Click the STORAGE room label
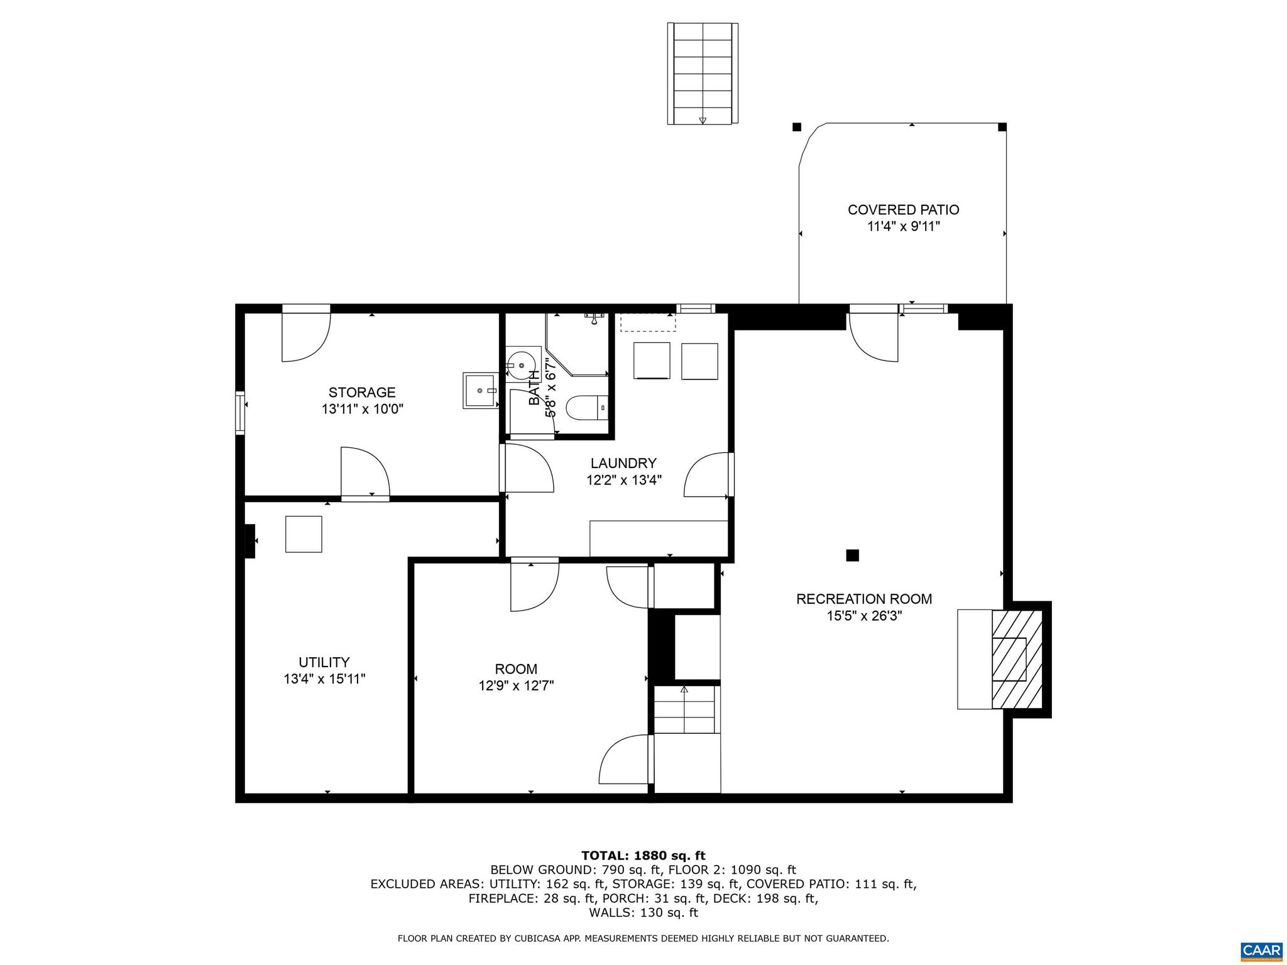362,393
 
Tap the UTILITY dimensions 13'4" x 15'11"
324,679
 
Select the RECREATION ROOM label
864,599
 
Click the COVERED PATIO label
903,210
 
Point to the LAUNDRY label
623,464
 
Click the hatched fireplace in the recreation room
1016,660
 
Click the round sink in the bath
521,364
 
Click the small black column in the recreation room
852,555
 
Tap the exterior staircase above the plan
703,74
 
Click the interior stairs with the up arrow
686,710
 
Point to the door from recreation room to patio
874,336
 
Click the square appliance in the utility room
304,534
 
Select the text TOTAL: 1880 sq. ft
643,856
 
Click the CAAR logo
1261,949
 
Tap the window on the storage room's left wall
240,412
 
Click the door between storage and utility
365,474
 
